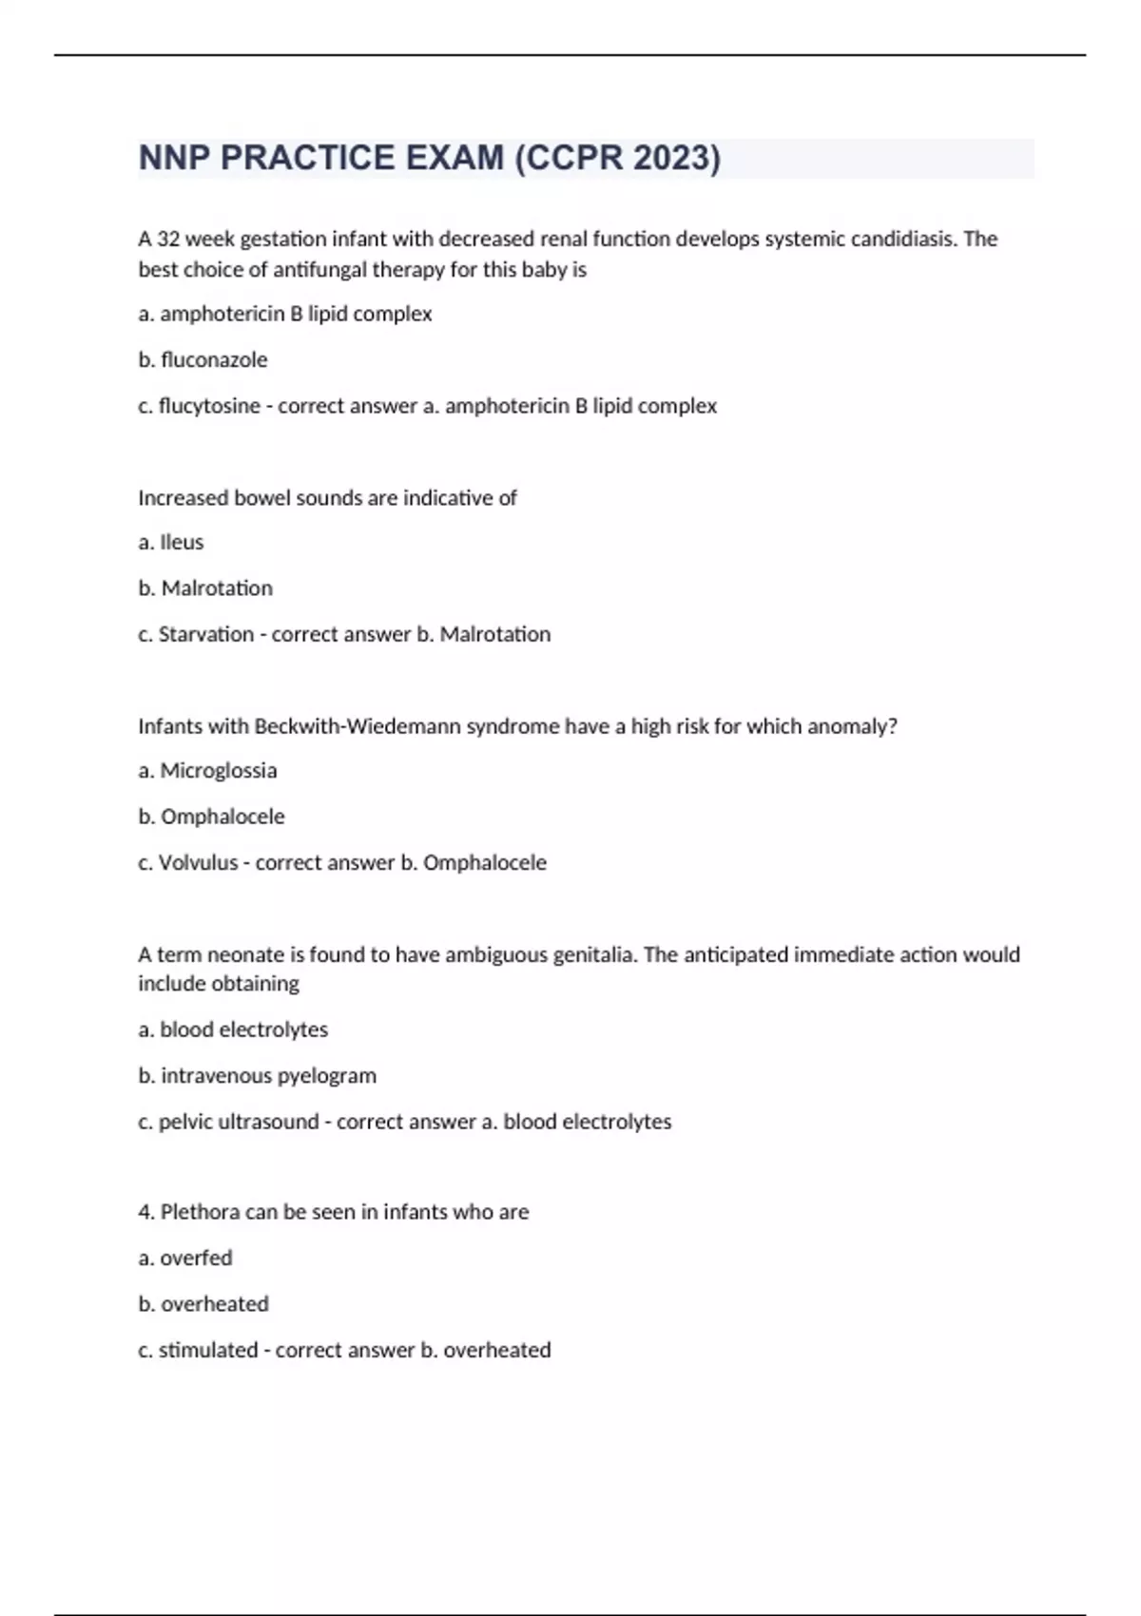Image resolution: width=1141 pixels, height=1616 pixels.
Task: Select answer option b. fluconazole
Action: click(203, 359)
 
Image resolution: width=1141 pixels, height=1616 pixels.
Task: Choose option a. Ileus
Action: click(171, 542)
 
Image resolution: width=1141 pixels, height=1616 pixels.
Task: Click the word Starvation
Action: click(206, 634)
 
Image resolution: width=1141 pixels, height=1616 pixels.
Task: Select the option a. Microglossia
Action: click(207, 770)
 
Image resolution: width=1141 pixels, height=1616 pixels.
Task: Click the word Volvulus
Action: click(198, 862)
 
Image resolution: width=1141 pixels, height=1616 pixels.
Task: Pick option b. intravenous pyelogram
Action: click(257, 1075)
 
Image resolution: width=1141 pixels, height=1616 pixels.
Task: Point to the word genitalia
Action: click(587, 954)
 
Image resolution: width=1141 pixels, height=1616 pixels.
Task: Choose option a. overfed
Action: click(185, 1258)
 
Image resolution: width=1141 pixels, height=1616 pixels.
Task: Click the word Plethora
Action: click(201, 1212)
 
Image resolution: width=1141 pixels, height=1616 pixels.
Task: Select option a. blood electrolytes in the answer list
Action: click(233, 1029)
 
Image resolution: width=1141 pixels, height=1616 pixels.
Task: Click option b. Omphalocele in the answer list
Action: click(211, 817)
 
